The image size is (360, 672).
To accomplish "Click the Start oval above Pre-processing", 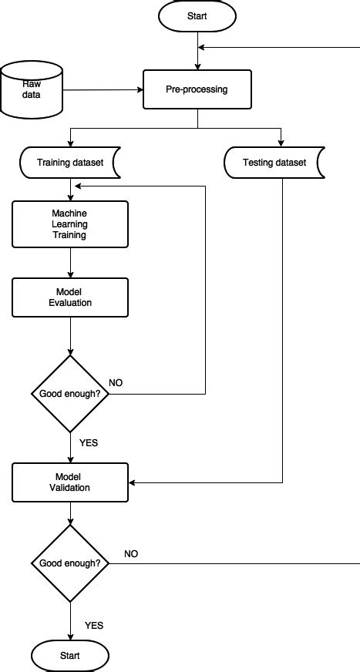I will pos(198,16).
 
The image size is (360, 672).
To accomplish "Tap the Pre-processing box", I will pos(197,89).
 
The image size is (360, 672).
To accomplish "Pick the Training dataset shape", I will pos(69,163).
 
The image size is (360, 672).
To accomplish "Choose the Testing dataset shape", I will pos(274,163).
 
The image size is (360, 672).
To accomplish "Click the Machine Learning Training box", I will pos(69,224).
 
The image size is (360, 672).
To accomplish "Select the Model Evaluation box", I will pos(69,297).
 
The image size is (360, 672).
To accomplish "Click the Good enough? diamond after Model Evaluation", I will pos(70,393).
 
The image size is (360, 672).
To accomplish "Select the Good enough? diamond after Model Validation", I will pos(70,563).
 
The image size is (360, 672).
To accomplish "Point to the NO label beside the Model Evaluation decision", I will pos(116,382).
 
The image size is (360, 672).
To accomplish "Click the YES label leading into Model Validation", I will pos(89,442).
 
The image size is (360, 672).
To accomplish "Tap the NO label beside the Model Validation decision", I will pos(131,553).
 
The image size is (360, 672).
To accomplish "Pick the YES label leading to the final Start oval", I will pos(94,625).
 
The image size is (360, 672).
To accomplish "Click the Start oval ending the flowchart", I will pos(70,656).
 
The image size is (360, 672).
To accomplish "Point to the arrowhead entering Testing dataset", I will pos(281,143).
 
